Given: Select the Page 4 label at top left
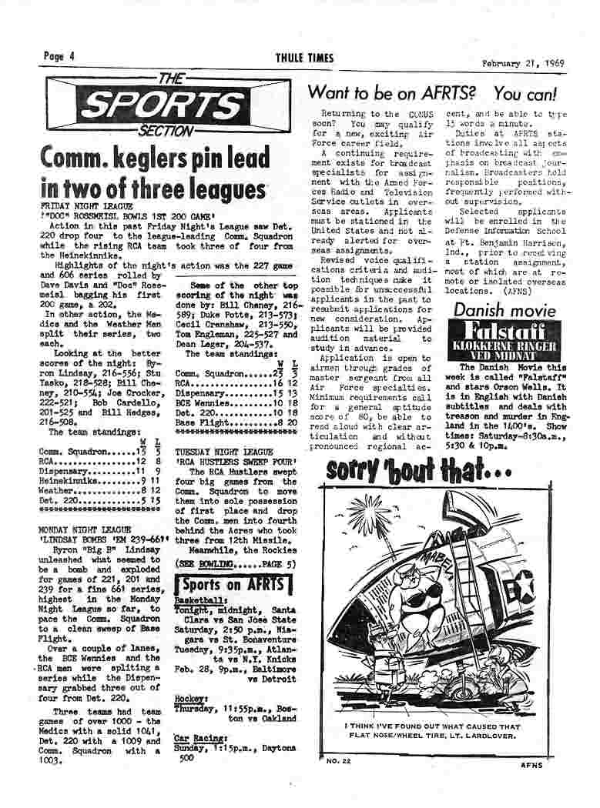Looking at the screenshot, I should [x=59, y=56].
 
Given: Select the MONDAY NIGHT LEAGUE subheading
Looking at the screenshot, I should [x=85, y=529].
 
